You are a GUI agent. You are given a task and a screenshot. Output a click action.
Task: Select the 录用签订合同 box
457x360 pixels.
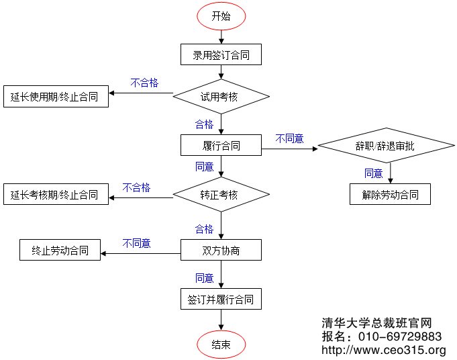click(x=221, y=55)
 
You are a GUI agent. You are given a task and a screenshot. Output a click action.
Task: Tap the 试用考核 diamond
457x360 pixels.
click(x=221, y=97)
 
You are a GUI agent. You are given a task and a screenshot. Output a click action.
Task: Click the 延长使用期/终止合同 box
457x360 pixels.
click(x=55, y=97)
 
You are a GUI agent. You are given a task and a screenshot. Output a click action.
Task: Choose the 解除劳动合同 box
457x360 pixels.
click(x=390, y=195)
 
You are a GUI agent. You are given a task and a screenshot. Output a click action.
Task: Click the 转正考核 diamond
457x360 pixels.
click(x=221, y=195)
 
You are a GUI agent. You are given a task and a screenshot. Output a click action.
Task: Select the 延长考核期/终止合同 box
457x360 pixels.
click(x=55, y=195)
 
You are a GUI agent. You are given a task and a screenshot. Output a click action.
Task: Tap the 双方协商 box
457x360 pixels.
click(x=221, y=251)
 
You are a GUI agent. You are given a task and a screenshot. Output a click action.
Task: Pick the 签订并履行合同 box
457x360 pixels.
click(x=221, y=299)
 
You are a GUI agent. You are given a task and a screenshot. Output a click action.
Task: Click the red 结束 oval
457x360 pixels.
click(x=221, y=345)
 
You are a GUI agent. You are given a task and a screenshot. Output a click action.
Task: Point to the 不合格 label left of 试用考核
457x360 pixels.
click(x=144, y=83)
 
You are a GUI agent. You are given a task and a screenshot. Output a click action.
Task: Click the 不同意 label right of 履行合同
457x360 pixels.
click(x=289, y=138)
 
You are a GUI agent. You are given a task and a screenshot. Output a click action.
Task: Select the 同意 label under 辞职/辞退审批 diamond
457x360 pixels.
click(x=374, y=173)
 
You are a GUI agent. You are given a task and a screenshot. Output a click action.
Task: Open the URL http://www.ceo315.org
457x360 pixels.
click(x=384, y=350)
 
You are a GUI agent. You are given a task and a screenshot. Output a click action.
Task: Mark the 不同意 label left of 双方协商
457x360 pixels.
click(x=136, y=243)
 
